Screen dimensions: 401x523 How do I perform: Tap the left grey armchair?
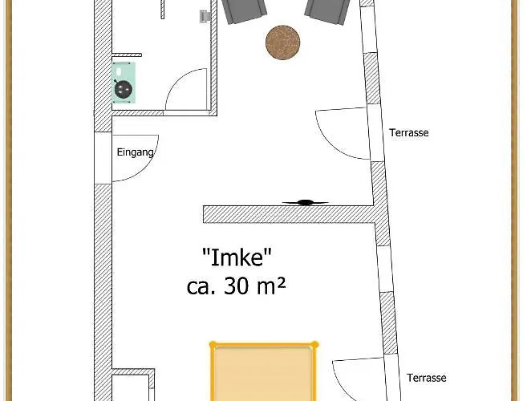[x=244, y=10]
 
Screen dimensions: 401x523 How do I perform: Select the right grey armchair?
[x=327, y=10]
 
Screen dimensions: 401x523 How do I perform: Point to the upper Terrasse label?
[x=409, y=133]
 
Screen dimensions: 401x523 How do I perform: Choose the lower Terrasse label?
[x=426, y=379]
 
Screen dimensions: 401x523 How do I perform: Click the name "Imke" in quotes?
[x=237, y=257]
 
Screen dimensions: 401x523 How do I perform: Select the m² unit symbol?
[x=273, y=285]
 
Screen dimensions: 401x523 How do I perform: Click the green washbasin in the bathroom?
[x=124, y=82]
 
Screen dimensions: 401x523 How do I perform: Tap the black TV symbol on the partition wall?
[x=305, y=202]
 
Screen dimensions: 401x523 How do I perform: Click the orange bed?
[x=263, y=375]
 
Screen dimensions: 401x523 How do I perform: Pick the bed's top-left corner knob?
[x=213, y=345]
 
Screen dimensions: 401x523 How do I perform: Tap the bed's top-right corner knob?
[x=315, y=345]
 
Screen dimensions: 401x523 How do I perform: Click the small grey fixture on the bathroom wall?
[x=205, y=16]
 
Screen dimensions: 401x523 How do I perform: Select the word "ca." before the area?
[x=200, y=286]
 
